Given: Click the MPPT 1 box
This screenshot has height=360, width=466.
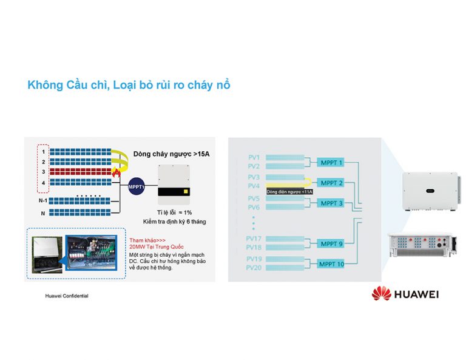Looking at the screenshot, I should (x=332, y=163).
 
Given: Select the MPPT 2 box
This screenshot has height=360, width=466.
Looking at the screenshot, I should (x=332, y=183).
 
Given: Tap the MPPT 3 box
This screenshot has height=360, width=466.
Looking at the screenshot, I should (x=332, y=203).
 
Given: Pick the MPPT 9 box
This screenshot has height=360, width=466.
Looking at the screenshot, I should (x=332, y=243).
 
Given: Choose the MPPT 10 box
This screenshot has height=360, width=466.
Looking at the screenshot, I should (x=332, y=263).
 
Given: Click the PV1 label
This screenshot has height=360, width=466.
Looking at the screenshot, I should (x=254, y=158).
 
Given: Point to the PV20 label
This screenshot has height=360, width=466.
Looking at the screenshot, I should (x=254, y=268).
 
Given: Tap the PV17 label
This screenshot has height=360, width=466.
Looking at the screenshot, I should (x=254, y=239).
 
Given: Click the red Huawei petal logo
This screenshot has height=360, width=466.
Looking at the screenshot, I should (x=382, y=294).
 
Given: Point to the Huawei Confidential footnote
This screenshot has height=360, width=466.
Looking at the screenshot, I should (x=67, y=296).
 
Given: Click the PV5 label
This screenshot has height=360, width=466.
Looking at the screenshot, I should (x=254, y=199).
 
